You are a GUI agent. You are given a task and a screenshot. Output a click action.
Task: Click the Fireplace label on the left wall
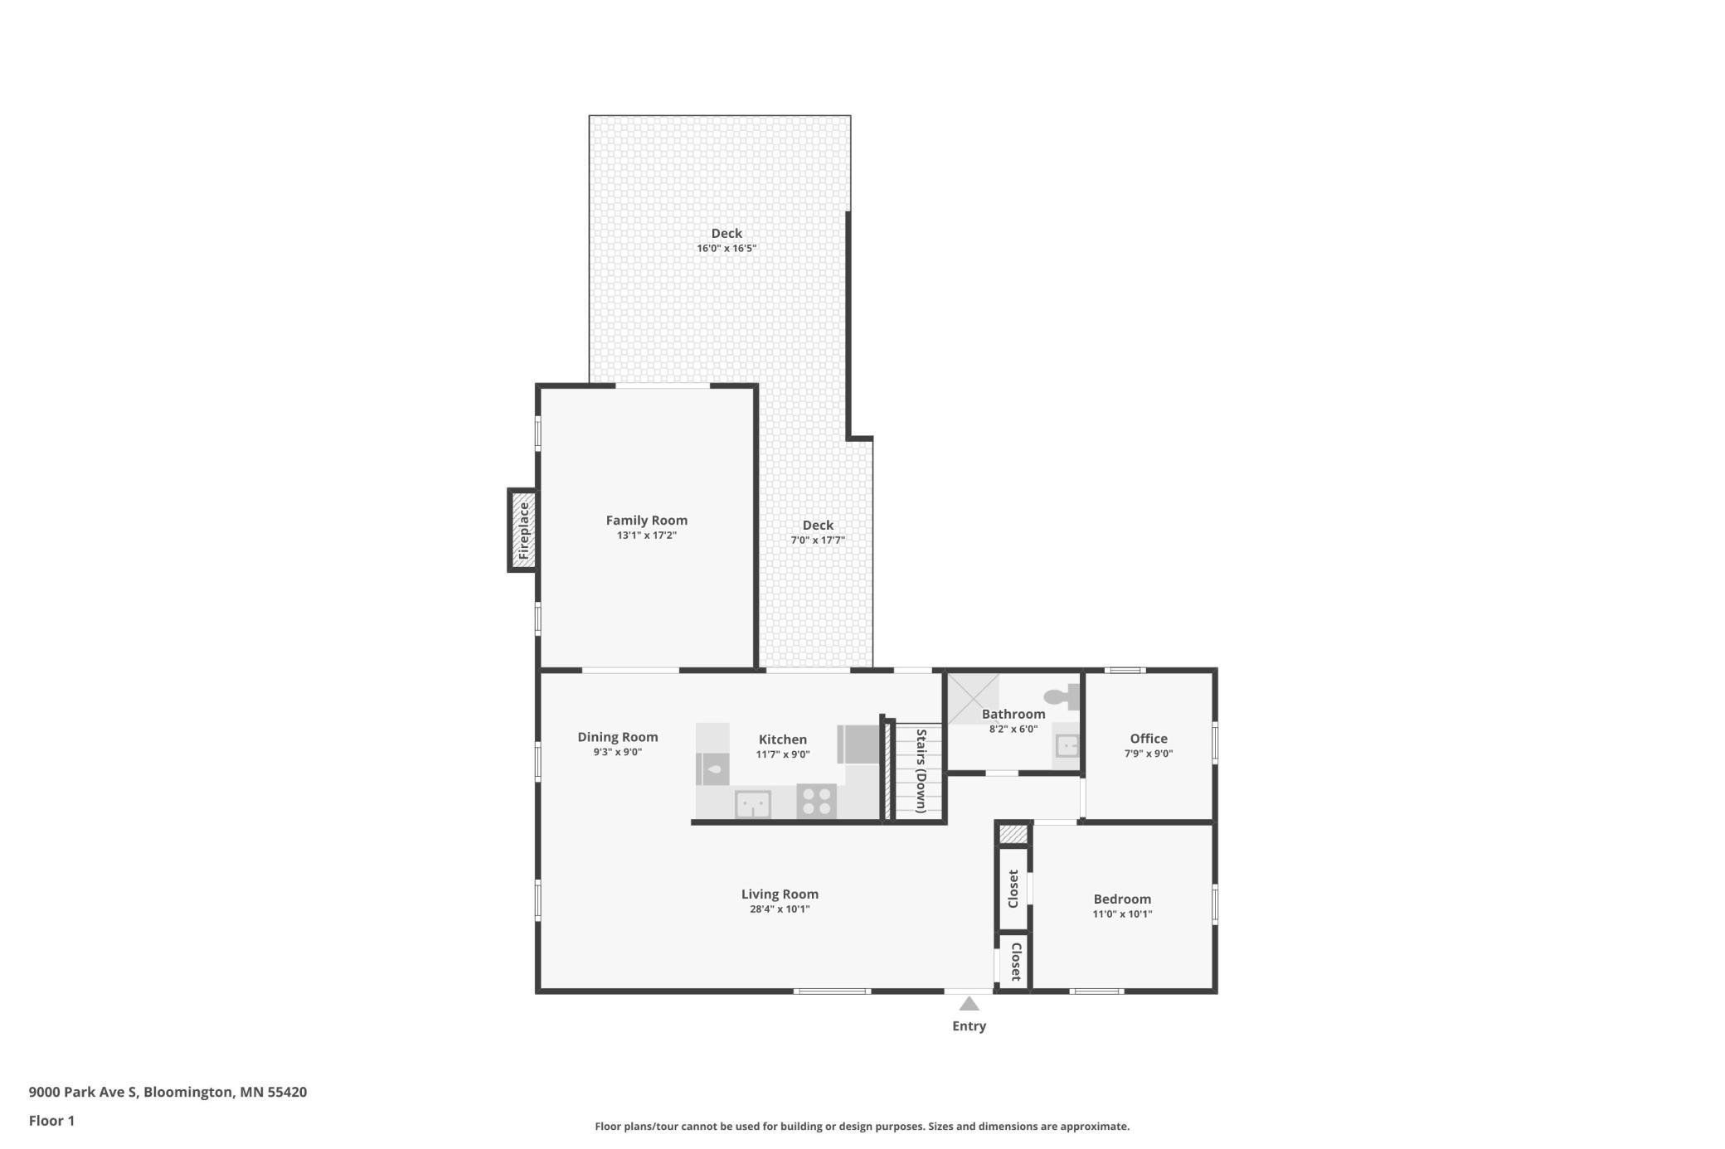[x=523, y=531]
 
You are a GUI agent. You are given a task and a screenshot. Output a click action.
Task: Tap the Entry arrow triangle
[x=969, y=1004]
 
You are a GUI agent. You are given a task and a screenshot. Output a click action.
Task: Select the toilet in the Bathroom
[x=1064, y=696]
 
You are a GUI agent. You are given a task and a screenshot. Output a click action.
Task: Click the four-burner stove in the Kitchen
[x=816, y=801]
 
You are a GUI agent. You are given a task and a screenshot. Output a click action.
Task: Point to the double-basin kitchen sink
[x=753, y=803]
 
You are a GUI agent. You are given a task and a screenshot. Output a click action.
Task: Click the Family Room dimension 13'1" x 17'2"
[x=646, y=536]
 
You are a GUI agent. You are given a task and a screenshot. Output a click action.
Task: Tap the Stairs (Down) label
[x=921, y=771]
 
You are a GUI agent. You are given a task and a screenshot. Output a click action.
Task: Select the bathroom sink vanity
[x=1067, y=746]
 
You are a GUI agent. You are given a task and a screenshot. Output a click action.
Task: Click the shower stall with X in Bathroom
[x=973, y=698]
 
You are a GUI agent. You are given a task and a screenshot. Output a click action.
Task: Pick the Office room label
[x=1148, y=739]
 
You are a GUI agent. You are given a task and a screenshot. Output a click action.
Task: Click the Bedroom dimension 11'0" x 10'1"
[x=1121, y=914]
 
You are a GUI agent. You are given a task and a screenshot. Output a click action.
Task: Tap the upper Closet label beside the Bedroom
[x=1013, y=889]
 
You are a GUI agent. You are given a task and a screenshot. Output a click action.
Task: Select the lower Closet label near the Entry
[x=1014, y=962]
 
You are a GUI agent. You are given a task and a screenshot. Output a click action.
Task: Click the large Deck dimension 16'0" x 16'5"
[x=726, y=248]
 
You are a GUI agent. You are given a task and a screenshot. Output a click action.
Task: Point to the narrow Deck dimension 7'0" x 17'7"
[x=817, y=541]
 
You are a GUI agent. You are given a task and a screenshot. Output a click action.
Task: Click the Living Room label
[x=779, y=894]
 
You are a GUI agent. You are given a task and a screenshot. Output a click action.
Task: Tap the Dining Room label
[x=617, y=737]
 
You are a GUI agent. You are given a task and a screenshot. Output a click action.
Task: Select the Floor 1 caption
[x=51, y=1121]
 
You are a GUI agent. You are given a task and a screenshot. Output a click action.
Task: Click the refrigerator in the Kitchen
[x=859, y=744]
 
